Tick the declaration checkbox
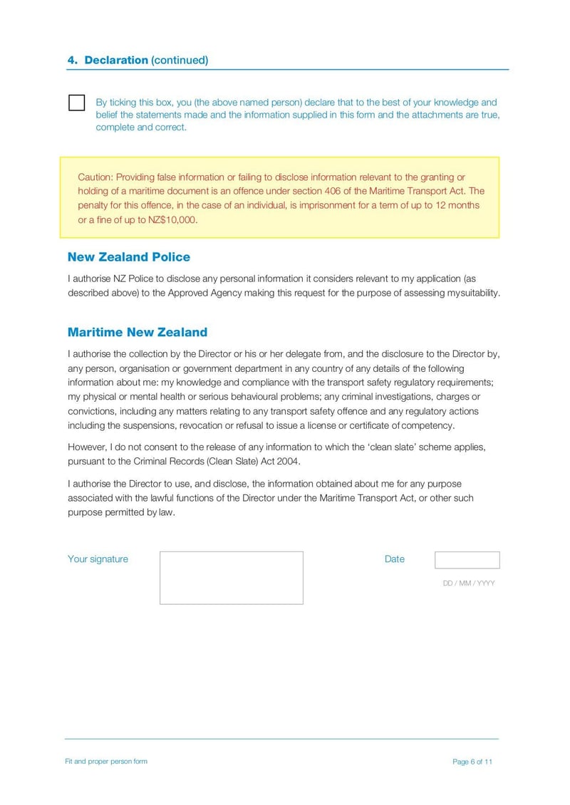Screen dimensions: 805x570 (76, 103)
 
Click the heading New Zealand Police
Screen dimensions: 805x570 (128, 257)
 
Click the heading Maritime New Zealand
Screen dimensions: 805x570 (137, 332)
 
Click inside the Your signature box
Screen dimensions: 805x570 (231, 578)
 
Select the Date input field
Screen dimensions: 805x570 (467, 560)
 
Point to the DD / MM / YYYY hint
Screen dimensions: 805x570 (468, 583)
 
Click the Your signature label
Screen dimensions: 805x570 (98, 559)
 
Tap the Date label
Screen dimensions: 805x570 (394, 559)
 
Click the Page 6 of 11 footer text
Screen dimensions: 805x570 (472, 762)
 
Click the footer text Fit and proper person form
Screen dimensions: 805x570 (106, 762)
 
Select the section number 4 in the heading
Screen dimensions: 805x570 (72, 61)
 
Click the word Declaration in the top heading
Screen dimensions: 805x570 (116, 61)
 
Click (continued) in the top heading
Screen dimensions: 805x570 (180, 61)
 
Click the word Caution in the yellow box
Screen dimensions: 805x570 (95, 177)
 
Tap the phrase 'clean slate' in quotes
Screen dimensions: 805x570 (394, 447)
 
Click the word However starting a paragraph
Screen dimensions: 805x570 (87, 447)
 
